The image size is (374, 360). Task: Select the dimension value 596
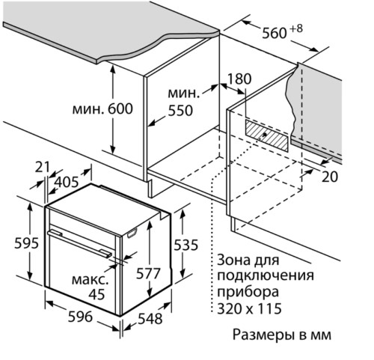click(76, 317)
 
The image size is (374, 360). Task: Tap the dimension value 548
click(150, 320)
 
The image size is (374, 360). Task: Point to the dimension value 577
click(148, 273)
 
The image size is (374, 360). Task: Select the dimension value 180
click(239, 79)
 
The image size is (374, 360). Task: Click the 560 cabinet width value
click(275, 33)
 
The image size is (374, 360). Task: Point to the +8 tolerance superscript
click(298, 28)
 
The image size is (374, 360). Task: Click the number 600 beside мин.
click(119, 109)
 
